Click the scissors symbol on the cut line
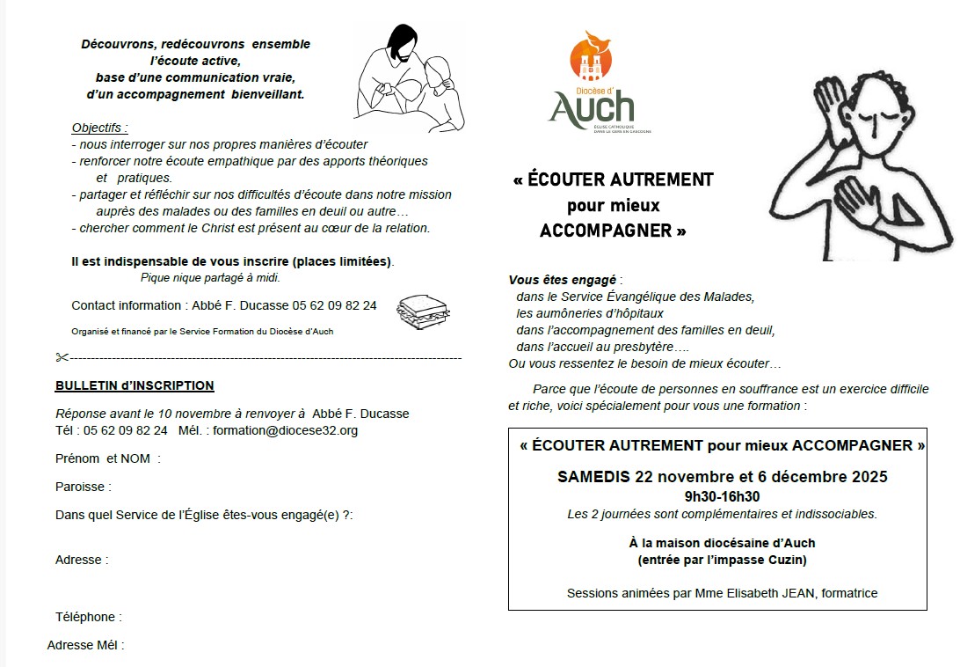coord(62,357)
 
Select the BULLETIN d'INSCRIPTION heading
coord(135,385)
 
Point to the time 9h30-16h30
coord(722,496)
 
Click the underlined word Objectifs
coord(99,128)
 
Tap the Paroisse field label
coord(83,487)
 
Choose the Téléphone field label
coord(88,617)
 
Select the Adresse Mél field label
coord(85,645)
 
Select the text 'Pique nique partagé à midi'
coord(210,278)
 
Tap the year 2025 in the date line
coord(869,477)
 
